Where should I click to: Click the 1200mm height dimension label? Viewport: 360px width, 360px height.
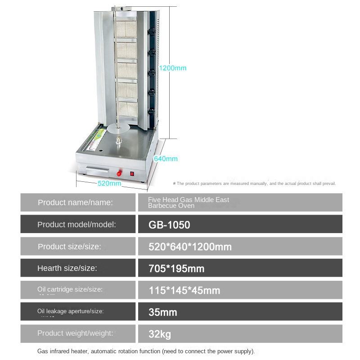(173, 68)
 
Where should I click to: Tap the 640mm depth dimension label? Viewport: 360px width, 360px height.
(166, 158)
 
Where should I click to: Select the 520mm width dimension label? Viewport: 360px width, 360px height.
(109, 183)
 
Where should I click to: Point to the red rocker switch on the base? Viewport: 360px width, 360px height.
(132, 173)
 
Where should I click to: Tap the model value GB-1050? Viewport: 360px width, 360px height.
(169, 224)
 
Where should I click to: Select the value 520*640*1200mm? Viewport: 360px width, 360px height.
(190, 246)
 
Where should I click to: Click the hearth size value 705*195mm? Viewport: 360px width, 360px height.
(176, 268)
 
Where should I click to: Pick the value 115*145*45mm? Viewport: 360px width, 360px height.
(184, 290)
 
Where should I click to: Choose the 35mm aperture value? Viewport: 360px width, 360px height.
(163, 312)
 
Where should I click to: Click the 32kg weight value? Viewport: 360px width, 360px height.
(160, 334)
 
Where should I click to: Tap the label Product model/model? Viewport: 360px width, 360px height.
(76, 224)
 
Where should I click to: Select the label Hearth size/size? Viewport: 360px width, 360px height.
(67, 268)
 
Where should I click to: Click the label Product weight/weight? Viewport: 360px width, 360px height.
(75, 333)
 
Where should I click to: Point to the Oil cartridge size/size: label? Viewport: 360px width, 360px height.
(70, 289)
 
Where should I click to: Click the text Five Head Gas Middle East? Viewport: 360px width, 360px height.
(189, 199)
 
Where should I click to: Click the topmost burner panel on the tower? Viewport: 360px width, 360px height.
(126, 31)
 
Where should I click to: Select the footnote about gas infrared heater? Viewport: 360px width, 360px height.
(146, 351)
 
